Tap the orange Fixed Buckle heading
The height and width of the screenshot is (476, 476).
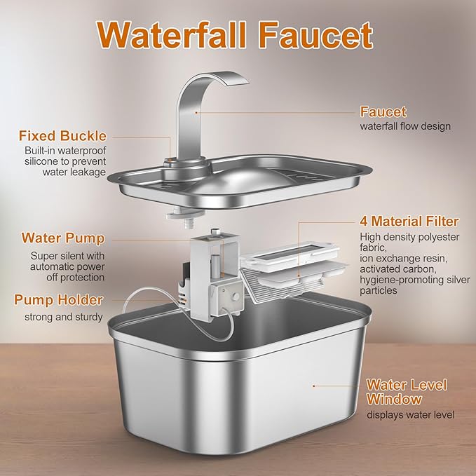click(x=63, y=135)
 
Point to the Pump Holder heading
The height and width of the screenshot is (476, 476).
click(x=59, y=300)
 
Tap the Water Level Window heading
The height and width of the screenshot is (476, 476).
click(x=407, y=393)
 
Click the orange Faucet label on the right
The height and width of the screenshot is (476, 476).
click(x=383, y=111)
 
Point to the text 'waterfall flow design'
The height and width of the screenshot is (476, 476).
click(x=405, y=127)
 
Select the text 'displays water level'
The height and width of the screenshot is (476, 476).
click(x=410, y=415)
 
